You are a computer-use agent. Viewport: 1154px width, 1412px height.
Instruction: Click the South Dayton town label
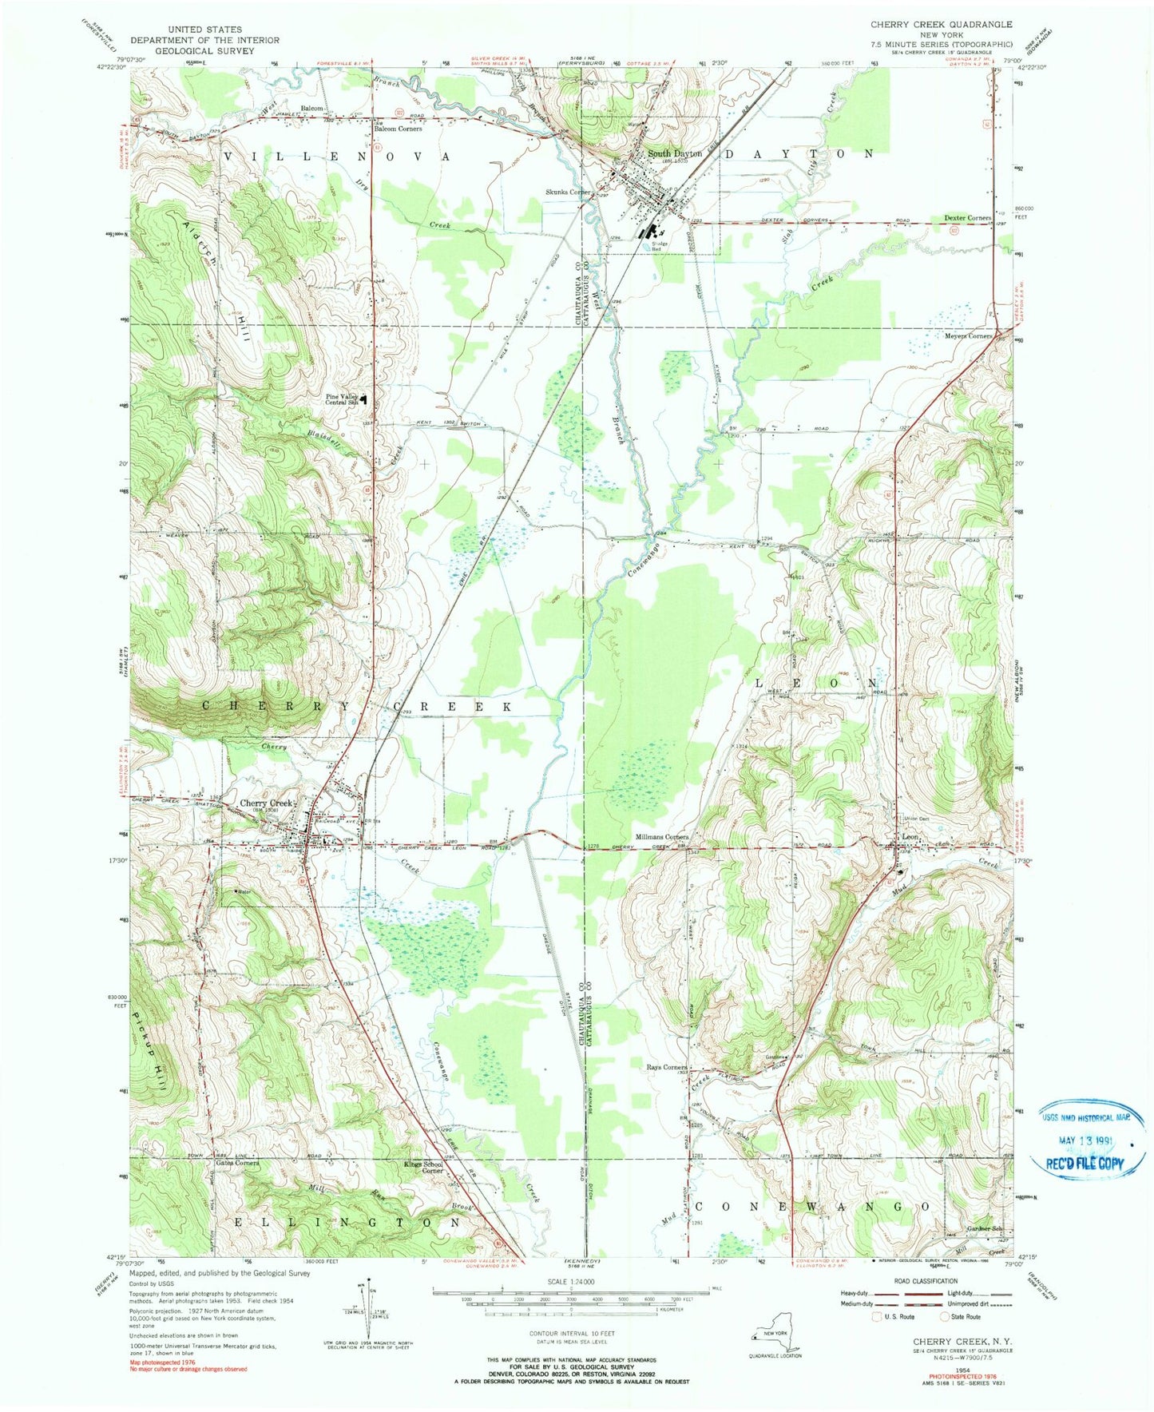[674, 153]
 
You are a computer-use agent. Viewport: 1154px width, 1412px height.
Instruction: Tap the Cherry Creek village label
[267, 803]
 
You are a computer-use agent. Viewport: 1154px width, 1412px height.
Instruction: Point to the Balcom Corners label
[399, 129]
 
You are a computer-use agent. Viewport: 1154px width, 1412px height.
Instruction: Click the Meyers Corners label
[968, 336]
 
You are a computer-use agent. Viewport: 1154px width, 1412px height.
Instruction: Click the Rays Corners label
[667, 1067]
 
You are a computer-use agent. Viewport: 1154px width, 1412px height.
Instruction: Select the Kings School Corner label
[422, 1167]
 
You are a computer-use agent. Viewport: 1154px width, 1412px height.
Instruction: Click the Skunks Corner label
[568, 192]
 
